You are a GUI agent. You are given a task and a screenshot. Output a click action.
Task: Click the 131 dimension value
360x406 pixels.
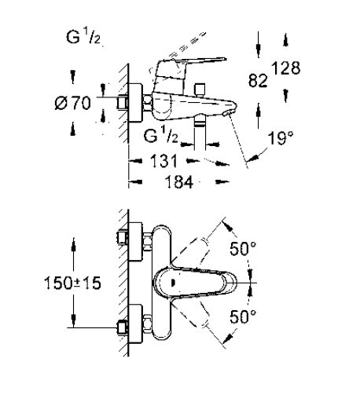163,161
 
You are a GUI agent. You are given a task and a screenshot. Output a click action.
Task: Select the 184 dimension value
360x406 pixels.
179,182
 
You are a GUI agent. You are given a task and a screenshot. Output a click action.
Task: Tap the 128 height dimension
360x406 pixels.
285,68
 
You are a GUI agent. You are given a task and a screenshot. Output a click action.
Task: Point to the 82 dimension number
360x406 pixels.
258,80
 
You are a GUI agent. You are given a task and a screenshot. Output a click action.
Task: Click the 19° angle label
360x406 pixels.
281,138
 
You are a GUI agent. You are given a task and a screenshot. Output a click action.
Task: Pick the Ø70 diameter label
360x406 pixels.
73,103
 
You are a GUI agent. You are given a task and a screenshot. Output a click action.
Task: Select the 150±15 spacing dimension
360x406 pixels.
72,283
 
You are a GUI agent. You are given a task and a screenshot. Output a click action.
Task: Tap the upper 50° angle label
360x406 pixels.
243,248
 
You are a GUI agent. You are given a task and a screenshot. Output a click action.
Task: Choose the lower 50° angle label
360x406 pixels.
243,316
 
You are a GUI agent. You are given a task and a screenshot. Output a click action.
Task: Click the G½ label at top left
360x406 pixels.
83,37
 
